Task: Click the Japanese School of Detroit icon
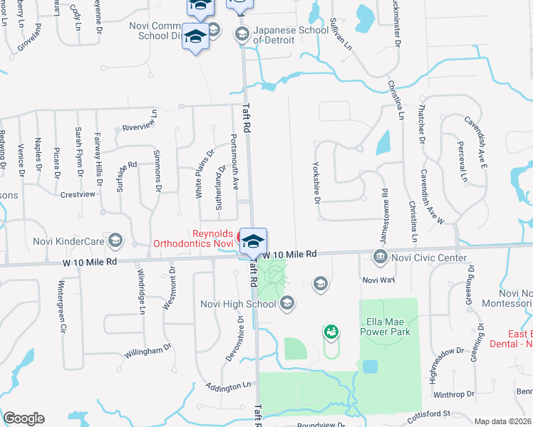pos(242,33)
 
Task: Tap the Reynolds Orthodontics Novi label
pos(193,238)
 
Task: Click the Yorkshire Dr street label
pos(316,181)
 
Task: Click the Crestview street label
pos(78,194)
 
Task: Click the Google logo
pos(24,418)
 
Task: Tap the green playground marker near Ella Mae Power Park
pos(331,332)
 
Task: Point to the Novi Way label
pos(378,280)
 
